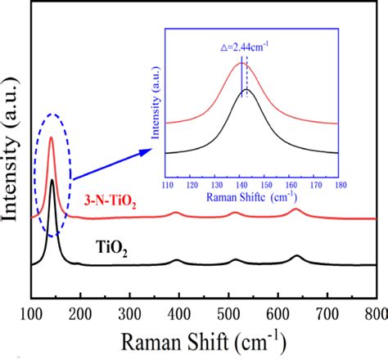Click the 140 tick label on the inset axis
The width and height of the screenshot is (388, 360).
[x=240, y=184]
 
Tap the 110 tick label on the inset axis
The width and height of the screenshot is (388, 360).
[x=166, y=184]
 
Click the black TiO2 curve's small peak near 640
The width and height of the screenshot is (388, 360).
[x=296, y=256]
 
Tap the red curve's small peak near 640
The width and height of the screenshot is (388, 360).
[x=296, y=209]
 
